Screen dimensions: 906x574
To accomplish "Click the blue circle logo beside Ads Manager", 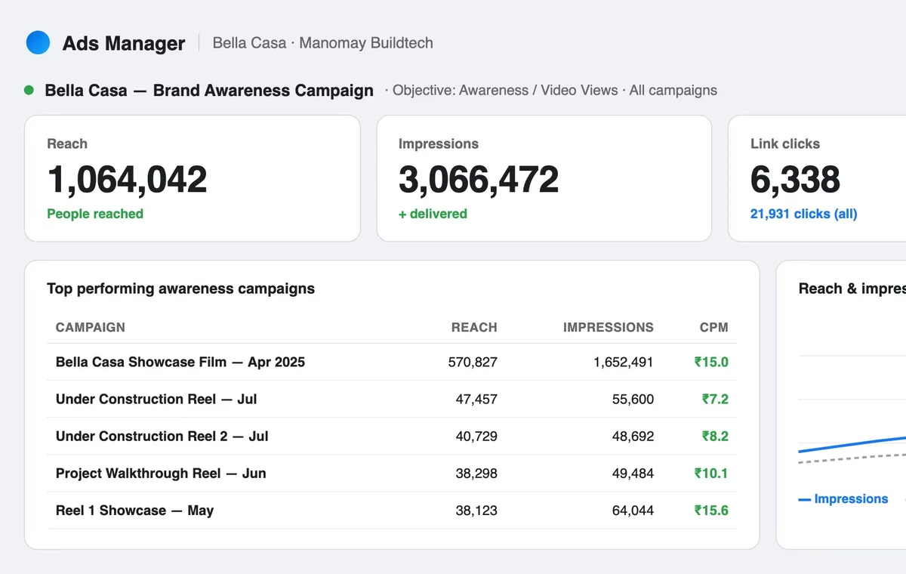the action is (38, 42).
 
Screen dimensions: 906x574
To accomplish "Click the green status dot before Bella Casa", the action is (29, 90).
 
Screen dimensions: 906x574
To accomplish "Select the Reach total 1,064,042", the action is (127, 179).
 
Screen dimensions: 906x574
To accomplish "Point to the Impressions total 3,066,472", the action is (479, 179).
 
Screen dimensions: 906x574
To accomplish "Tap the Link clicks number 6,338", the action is (795, 179).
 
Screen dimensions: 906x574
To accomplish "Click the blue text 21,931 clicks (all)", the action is (803, 214).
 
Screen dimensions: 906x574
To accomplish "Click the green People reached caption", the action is (95, 214).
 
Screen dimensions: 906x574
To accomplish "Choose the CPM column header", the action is (714, 327).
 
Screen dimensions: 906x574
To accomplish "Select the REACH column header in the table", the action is (474, 327).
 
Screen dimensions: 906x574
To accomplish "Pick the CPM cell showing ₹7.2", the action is (715, 399).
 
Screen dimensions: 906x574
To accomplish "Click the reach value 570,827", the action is (473, 362).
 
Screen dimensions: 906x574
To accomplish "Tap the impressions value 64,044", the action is (633, 510).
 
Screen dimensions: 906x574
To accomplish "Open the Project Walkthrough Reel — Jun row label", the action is (161, 473).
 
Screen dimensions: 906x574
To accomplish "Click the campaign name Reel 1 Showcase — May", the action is (134, 510).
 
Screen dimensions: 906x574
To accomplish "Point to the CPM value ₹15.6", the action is (711, 510).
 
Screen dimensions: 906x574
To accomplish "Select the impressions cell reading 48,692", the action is (633, 436).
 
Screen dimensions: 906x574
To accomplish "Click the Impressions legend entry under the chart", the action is (843, 498).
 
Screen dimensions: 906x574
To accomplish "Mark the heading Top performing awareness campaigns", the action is (180, 289).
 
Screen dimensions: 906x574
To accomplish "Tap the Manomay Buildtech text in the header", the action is (366, 42).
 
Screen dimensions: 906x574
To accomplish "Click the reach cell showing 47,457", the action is (476, 399).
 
